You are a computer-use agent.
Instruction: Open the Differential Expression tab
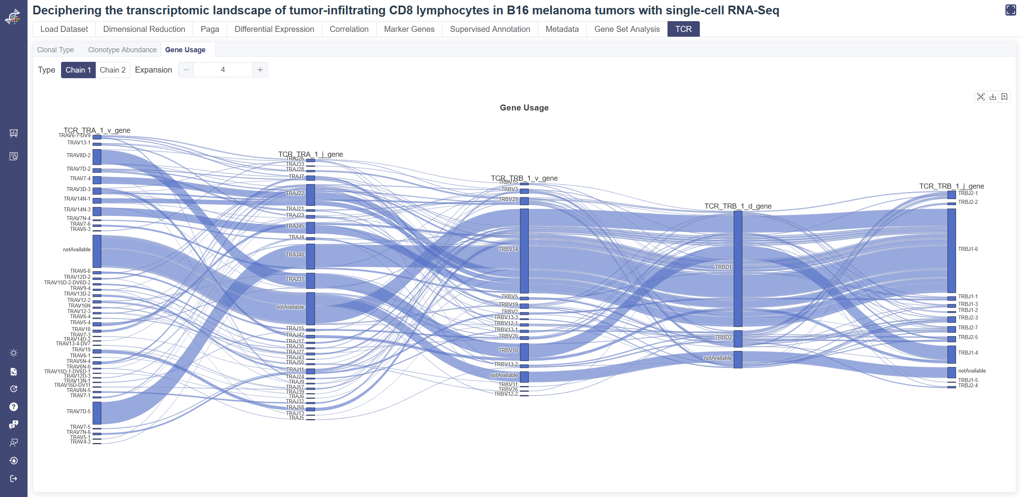tap(274, 29)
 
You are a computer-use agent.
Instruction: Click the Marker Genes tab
tap(409, 29)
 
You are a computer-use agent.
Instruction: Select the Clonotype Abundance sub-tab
tap(122, 50)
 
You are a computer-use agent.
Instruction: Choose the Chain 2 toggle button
tap(113, 70)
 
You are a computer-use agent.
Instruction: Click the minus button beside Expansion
tap(186, 70)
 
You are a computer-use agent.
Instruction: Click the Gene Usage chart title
tap(524, 108)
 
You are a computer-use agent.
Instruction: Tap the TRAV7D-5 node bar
tap(97, 413)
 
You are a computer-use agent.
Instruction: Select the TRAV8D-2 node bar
tap(97, 157)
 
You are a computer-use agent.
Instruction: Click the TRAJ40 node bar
tap(310, 256)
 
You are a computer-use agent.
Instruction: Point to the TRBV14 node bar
tap(524, 250)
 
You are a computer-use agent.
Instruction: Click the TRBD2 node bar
tap(738, 339)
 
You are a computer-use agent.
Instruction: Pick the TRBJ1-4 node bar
tap(952, 354)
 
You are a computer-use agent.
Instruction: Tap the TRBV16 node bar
tap(524, 352)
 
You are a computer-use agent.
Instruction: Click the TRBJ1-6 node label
tap(968, 249)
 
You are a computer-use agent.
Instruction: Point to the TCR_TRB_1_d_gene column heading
tap(738, 206)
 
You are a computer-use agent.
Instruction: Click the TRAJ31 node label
tap(295, 279)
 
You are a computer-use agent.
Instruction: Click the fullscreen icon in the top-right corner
tap(1010, 10)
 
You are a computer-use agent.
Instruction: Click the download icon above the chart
tap(993, 97)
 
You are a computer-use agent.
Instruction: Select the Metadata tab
tap(562, 29)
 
